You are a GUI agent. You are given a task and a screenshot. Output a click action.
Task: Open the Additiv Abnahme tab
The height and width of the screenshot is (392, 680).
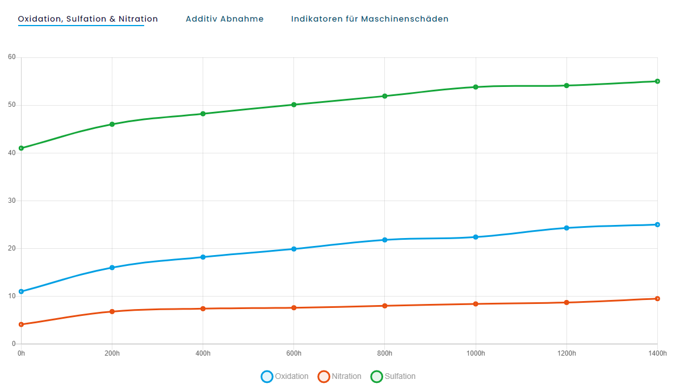[224, 19]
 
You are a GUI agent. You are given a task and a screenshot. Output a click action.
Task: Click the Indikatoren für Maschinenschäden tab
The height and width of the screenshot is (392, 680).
[370, 19]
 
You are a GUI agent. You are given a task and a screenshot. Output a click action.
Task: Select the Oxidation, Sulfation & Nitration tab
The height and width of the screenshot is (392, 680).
[88, 19]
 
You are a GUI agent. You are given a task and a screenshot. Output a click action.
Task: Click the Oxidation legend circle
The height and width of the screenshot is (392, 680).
[267, 376]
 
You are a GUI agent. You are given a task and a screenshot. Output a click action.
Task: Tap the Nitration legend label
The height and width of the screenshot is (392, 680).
[346, 376]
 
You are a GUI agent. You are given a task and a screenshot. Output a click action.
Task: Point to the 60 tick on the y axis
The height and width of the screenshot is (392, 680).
[11, 57]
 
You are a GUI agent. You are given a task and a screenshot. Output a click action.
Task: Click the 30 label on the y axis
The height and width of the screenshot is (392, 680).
[11, 201]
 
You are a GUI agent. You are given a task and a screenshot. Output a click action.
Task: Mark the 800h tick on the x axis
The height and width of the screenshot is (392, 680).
[385, 354]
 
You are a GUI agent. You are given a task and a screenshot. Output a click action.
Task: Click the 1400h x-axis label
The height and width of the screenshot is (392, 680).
[657, 354]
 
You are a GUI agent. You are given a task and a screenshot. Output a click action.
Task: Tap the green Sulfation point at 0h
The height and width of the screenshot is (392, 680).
[21, 148]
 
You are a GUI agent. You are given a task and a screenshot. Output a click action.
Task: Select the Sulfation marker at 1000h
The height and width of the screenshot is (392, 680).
[476, 87]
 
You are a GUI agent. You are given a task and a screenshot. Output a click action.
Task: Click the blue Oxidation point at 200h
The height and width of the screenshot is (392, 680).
[112, 268]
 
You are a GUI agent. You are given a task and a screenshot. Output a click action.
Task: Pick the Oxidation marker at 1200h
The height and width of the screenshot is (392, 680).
[566, 228]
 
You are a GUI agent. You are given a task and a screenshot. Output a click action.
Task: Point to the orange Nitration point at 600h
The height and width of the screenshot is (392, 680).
[294, 308]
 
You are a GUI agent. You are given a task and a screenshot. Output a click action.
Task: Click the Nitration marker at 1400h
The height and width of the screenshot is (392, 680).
[657, 299]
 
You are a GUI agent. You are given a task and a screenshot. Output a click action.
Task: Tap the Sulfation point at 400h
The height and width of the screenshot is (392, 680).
[203, 114]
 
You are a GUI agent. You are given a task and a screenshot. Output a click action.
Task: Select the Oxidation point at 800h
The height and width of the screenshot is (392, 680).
[385, 240]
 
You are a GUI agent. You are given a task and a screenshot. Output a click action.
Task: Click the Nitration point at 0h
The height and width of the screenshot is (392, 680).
[21, 324]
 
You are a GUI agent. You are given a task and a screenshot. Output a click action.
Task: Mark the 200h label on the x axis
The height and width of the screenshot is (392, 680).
[112, 354]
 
